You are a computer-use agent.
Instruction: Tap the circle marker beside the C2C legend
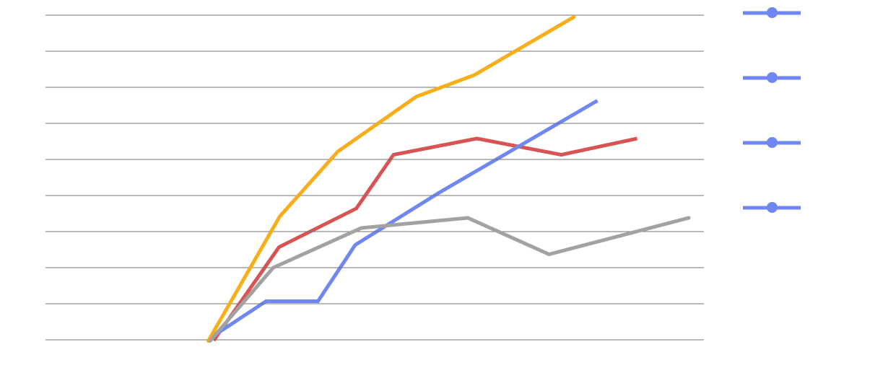coord(772,78)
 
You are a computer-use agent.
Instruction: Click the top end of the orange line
coord(575,16)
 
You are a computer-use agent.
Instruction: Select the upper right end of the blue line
coord(597,100)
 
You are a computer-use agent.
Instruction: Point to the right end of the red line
coord(636,138)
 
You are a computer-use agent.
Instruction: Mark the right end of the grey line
coord(689,217)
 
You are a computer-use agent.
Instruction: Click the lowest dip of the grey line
coord(549,254)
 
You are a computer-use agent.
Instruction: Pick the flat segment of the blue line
coord(292,301)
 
